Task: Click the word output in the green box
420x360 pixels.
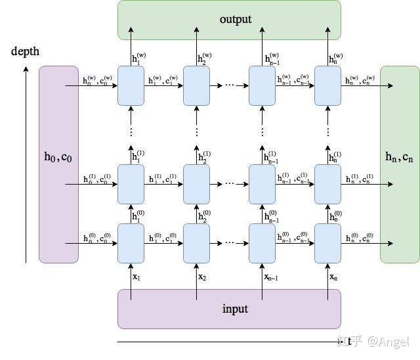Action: click(x=235, y=19)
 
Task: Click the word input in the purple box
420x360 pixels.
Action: click(x=235, y=308)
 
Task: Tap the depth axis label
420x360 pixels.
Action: click(x=25, y=51)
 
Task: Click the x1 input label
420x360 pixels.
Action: click(x=136, y=277)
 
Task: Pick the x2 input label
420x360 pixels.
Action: click(x=202, y=277)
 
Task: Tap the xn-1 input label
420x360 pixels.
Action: click(x=271, y=277)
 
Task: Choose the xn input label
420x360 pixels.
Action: click(x=333, y=277)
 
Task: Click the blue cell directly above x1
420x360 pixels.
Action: click(x=131, y=243)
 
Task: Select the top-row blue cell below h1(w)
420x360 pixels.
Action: click(x=131, y=85)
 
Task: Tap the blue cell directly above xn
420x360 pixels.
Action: click(x=327, y=243)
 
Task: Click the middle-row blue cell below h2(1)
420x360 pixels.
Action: click(x=196, y=184)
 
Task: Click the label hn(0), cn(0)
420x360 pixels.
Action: click(x=360, y=238)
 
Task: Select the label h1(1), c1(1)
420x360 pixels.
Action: click(x=163, y=179)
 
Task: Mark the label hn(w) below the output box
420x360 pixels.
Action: click(x=335, y=58)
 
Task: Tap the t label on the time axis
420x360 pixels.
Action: click(x=340, y=341)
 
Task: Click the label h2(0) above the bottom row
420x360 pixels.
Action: click(x=204, y=215)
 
